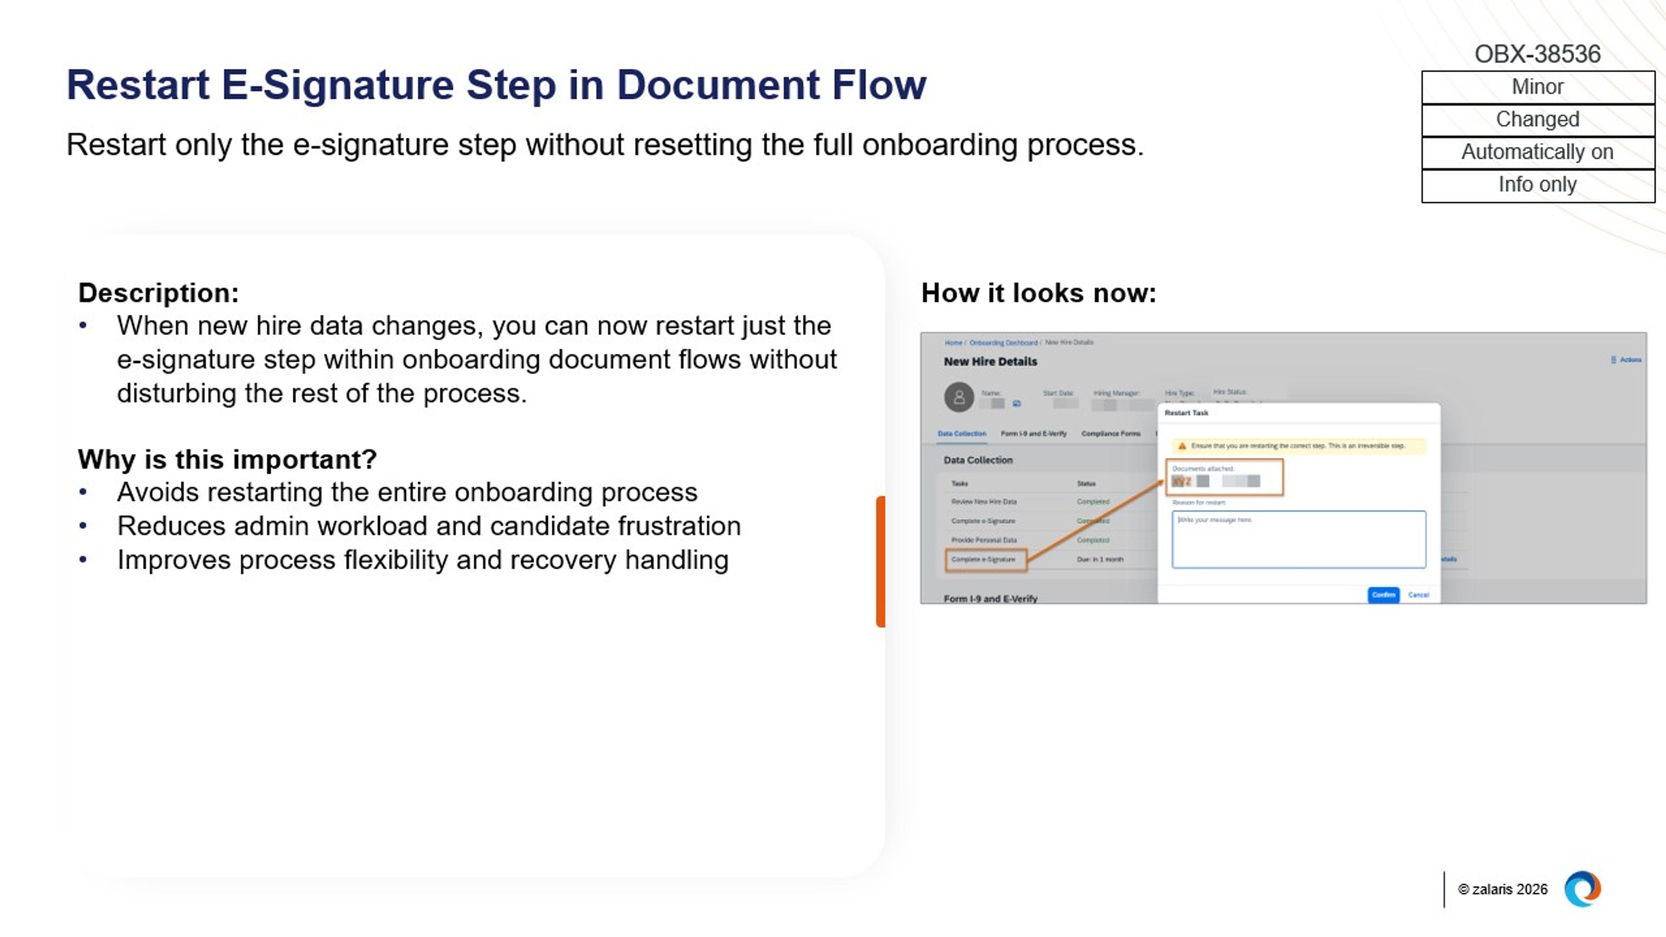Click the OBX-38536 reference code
(1537, 54)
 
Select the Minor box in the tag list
(1537, 87)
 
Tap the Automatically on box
(1537, 152)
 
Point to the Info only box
(1537, 185)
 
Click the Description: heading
(158, 293)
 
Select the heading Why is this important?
(227, 459)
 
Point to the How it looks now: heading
(1038, 293)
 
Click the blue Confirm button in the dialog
(1383, 595)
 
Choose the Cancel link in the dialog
(1418, 595)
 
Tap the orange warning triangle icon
(1181, 446)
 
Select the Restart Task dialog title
(1186, 413)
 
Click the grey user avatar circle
(958, 397)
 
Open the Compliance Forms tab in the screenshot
(1111, 434)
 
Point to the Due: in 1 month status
(1099, 559)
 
